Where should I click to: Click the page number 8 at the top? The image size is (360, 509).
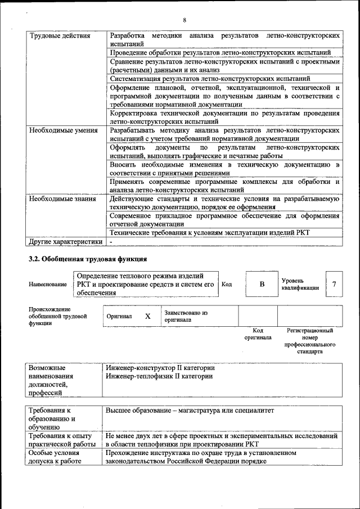[x=184, y=5]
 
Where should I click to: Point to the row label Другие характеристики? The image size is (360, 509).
[x=66, y=241]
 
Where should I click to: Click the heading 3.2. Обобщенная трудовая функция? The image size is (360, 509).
[x=88, y=259]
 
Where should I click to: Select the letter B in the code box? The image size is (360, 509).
[x=262, y=284]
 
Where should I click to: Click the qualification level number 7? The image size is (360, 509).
[x=334, y=284]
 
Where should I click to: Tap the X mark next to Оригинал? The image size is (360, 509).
[x=148, y=316]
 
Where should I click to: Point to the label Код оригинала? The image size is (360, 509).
[x=258, y=334]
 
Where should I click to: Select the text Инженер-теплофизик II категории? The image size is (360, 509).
[x=159, y=376]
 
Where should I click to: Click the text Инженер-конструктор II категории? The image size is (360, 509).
[x=160, y=368]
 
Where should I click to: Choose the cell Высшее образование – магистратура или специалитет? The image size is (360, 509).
[x=190, y=411]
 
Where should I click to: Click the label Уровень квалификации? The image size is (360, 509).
[x=300, y=284]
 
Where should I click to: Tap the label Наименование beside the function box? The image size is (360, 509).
[x=48, y=285]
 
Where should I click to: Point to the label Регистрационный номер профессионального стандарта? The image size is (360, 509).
[x=311, y=341]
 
